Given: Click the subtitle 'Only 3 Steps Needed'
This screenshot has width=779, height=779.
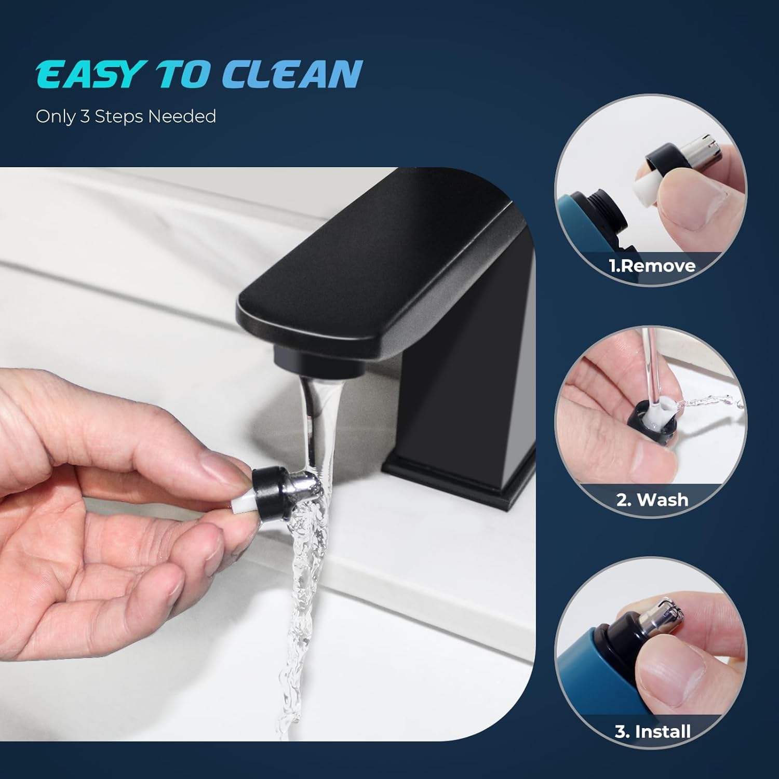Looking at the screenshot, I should tap(126, 116).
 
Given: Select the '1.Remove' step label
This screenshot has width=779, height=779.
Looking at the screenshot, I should tap(652, 266).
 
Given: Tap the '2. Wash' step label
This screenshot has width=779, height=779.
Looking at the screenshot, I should tap(652, 500).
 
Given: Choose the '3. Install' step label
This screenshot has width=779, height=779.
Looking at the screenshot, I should tap(652, 731).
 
